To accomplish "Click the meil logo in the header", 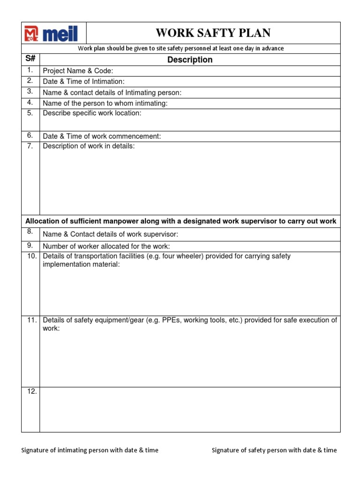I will (x=51, y=33).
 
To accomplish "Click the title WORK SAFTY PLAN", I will (x=213, y=33).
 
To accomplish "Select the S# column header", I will (x=30, y=60).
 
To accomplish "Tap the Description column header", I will (x=190, y=60).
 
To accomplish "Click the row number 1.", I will (x=30, y=70).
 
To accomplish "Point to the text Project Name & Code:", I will (x=78, y=71).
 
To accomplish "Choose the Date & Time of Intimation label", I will (x=83, y=82).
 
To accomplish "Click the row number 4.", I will (x=30, y=103).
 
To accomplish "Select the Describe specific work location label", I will (x=92, y=113).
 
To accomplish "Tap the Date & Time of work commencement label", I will (x=102, y=136).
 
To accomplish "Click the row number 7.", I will (x=30, y=146).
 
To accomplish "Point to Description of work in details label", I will (x=89, y=146).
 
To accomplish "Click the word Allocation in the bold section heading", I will (x=43, y=221).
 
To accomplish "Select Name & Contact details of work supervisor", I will (x=110, y=234).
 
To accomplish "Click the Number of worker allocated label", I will (x=106, y=247).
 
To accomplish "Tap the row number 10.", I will (x=31, y=256).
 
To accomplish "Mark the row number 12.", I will (x=31, y=391).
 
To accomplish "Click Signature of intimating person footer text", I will (x=90, y=450).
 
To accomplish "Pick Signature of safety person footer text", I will (x=274, y=450).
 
